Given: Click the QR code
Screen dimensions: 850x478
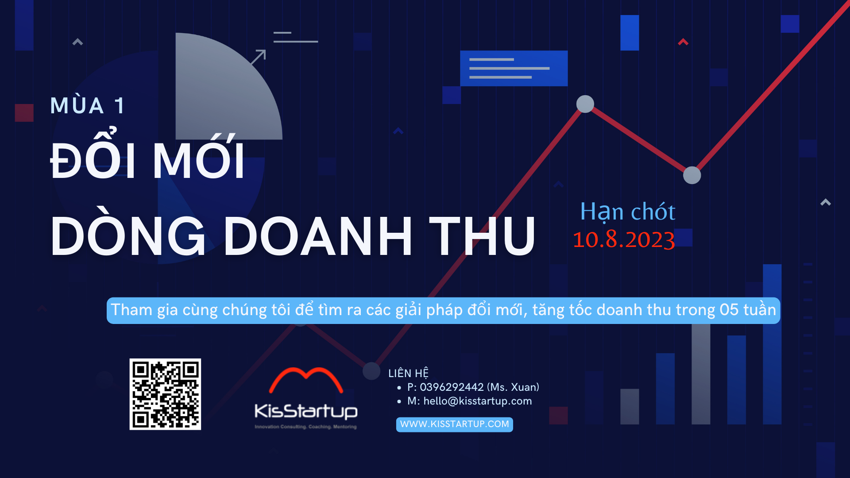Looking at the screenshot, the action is click(165, 394).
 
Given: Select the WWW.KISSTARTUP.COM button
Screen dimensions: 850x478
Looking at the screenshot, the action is click(454, 424).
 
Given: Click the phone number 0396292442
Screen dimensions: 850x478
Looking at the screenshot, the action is click(452, 387).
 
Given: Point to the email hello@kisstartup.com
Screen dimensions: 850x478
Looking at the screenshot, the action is click(478, 401).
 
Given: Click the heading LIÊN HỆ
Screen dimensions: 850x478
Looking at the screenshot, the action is click(408, 373).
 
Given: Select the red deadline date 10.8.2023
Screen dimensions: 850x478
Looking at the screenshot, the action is click(624, 239).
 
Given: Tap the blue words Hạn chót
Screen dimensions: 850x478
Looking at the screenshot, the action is click(628, 211).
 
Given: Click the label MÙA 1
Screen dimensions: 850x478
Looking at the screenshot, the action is click(87, 106).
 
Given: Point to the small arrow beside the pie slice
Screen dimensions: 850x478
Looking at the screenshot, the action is click(258, 57).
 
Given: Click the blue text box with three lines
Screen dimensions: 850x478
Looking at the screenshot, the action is click(514, 68).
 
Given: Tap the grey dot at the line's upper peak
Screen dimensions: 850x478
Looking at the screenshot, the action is click(585, 104).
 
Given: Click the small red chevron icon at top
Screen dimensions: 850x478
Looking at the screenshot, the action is click(683, 42).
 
